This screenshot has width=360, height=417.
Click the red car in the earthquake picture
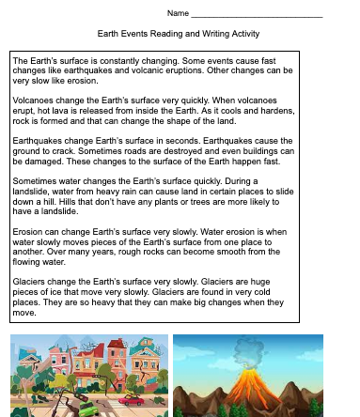(131, 400)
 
